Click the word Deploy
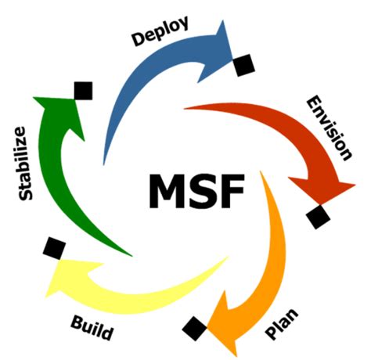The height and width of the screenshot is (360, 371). (161, 31)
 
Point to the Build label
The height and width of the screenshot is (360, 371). (92, 327)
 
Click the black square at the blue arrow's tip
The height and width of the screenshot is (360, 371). (242, 64)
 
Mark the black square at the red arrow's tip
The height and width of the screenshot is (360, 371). (318, 216)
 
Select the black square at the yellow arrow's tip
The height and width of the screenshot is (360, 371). (53, 248)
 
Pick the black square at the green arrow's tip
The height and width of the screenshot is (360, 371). (82, 91)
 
